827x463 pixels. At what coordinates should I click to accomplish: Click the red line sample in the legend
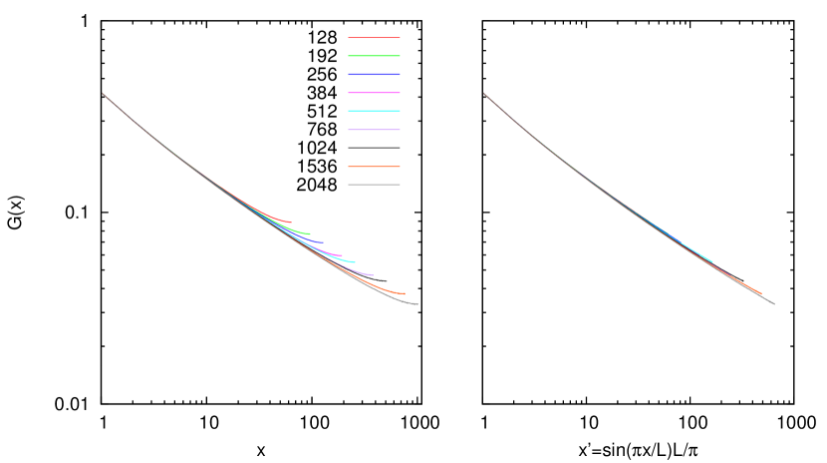[374, 38]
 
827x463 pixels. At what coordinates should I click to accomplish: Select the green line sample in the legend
[374, 56]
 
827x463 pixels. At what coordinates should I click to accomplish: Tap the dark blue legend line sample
[374, 74]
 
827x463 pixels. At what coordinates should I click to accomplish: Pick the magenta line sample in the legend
[374, 93]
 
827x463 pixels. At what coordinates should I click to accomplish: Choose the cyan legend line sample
[374, 111]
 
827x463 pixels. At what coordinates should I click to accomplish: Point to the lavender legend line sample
[374, 130]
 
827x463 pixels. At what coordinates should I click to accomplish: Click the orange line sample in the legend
[374, 167]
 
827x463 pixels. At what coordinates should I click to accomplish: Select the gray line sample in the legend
[374, 185]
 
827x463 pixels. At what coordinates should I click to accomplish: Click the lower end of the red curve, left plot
[291, 222]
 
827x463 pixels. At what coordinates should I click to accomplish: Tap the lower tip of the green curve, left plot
[309, 233]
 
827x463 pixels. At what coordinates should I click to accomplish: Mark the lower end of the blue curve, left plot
[323, 241]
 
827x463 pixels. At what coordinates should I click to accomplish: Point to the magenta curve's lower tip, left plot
[341, 254]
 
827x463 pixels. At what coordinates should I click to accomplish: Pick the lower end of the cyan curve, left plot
[355, 261]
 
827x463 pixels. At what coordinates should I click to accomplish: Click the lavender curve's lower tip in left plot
[373, 274]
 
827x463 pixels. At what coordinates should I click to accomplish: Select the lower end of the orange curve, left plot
[404, 293]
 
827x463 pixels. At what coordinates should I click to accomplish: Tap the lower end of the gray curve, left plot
[416, 303]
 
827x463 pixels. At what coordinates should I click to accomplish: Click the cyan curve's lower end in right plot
[711, 261]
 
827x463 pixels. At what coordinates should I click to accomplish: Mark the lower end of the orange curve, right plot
[760, 293]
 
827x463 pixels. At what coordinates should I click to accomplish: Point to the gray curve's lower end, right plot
[773, 303]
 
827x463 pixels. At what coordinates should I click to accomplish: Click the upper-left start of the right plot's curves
[484, 94]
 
